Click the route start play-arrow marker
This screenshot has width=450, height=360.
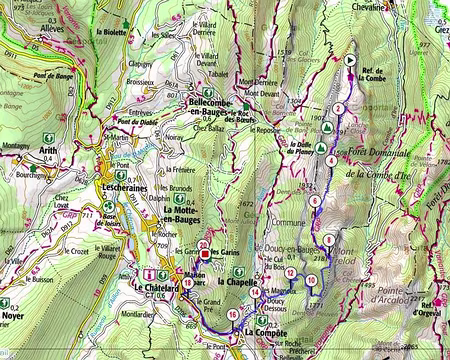[x=350, y=60]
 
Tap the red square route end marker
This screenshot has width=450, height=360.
[x=205, y=252]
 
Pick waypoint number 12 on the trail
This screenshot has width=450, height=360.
[x=290, y=272]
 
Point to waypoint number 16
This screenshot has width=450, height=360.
[x=233, y=315]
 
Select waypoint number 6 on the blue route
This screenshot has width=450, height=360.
[x=315, y=200]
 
